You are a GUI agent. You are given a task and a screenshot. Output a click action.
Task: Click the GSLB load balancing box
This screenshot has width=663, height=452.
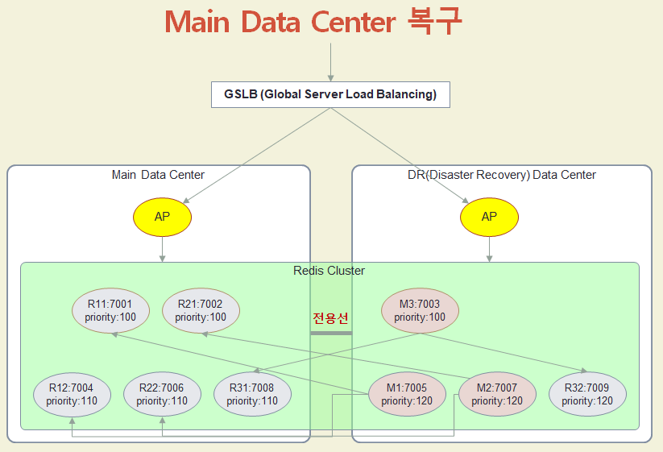point(330,94)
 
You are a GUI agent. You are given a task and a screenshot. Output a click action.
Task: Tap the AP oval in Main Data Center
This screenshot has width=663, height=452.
point(163,218)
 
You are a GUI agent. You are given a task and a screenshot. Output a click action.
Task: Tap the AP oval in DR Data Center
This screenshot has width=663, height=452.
point(489,218)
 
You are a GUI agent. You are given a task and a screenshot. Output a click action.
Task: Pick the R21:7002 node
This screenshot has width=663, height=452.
point(201,311)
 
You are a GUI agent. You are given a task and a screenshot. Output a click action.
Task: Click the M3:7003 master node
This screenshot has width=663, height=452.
point(420,311)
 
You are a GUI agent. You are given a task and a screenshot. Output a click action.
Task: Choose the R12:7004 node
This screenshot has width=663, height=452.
point(72,394)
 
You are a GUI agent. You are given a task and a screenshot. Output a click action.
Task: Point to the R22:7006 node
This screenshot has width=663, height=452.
point(162,394)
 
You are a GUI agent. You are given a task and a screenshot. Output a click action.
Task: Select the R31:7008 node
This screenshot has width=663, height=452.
point(252,394)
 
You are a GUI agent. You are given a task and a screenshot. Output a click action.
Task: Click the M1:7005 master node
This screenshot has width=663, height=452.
point(407,394)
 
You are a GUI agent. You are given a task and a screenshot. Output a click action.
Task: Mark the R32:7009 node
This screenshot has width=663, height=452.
point(587,394)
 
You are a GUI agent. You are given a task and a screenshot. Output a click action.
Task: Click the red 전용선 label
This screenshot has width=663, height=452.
point(331,317)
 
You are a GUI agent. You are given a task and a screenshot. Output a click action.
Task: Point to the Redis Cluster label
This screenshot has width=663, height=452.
point(329,271)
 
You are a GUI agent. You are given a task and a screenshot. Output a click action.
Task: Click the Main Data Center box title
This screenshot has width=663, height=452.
point(158,175)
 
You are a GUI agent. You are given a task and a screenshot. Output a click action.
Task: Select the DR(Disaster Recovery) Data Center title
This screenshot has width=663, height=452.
point(501,175)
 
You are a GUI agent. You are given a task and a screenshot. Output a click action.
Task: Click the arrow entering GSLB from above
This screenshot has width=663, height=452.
point(330,62)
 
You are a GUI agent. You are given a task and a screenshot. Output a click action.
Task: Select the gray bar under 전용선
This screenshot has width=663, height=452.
point(331,333)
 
